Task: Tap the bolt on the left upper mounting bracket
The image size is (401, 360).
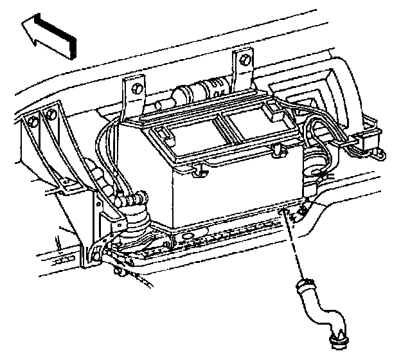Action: (x=135, y=86)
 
